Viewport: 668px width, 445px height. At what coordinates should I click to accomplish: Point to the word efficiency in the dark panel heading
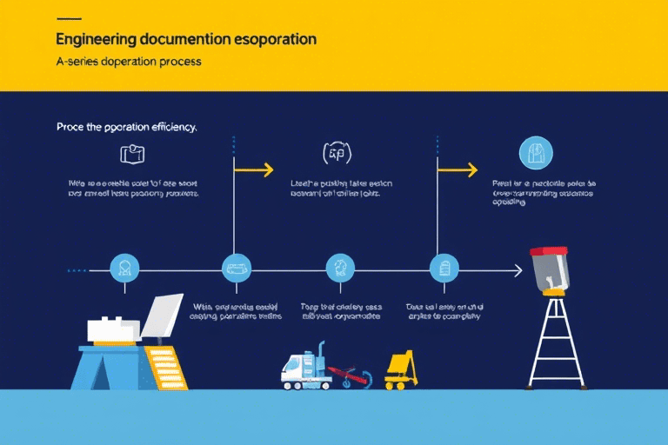coord(166,127)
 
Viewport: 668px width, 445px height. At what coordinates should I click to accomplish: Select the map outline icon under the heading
coord(132,155)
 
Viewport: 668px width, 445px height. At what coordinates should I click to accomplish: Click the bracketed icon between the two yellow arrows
coord(337,154)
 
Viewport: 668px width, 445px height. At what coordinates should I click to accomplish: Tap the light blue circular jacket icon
coord(536,153)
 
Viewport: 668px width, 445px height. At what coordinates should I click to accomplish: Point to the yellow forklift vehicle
coord(401,370)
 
